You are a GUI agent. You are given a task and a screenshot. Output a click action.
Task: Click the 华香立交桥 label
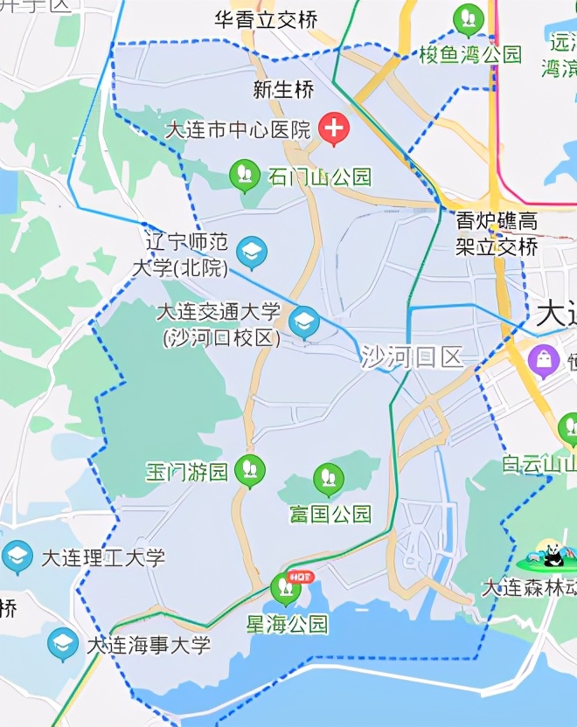266,19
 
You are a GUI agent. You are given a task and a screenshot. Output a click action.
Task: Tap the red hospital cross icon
333,129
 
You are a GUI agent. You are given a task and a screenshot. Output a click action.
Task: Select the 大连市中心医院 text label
238,130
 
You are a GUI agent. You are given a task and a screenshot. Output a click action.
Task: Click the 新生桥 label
282,89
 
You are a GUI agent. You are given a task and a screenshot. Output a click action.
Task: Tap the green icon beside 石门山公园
245,175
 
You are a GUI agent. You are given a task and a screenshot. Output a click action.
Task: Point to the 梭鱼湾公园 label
470,54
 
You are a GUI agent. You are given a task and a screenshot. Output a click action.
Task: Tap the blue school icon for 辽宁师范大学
252,253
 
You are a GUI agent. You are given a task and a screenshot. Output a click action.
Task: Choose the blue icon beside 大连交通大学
304,321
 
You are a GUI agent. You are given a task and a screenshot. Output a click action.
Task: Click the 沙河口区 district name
412,357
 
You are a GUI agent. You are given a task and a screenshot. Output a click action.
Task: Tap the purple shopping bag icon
544,359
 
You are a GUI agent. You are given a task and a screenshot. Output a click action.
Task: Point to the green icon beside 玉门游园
250,470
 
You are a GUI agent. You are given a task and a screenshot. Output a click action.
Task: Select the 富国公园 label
330,513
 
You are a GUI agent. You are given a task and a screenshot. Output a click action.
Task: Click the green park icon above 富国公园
329,478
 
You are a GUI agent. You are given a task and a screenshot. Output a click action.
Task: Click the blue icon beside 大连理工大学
17,556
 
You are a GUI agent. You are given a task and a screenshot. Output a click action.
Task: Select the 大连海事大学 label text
149,646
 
